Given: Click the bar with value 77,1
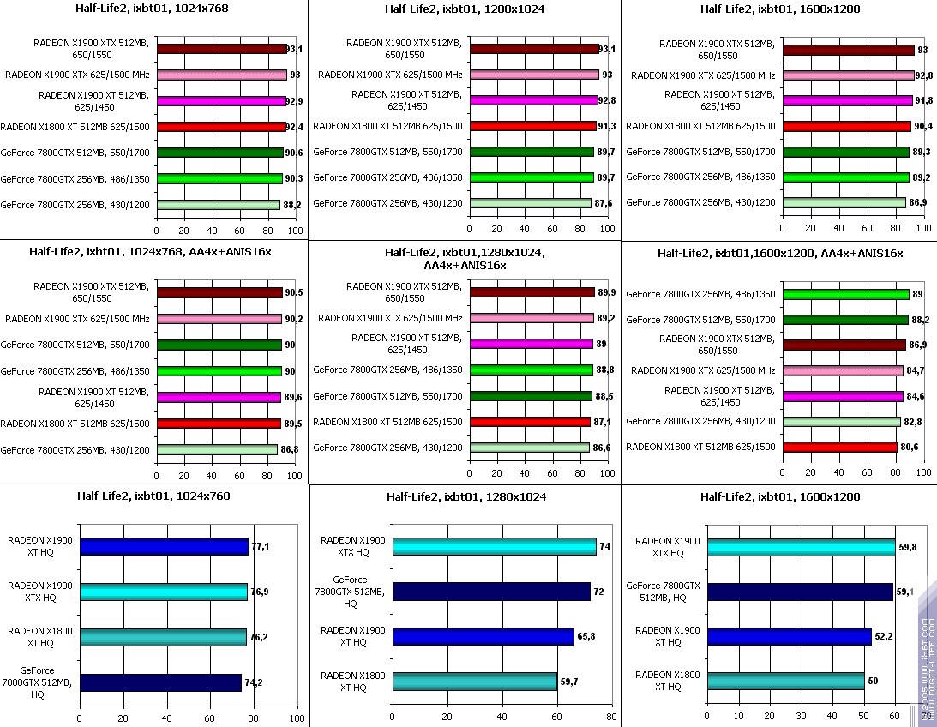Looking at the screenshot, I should [x=163, y=546].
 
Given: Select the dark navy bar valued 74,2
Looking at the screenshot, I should [x=159, y=682].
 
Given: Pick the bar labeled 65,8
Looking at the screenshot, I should [x=482, y=636].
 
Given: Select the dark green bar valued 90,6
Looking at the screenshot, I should [x=219, y=153].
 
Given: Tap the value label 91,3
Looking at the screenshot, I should [x=607, y=127].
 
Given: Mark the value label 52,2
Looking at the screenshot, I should [x=883, y=636].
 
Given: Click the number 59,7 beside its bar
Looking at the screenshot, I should [x=570, y=682].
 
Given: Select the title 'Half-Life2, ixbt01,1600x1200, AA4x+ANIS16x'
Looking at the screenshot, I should [x=780, y=253].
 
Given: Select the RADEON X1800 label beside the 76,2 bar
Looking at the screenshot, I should [x=40, y=636].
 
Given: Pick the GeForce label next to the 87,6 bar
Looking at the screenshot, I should [x=387, y=203].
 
